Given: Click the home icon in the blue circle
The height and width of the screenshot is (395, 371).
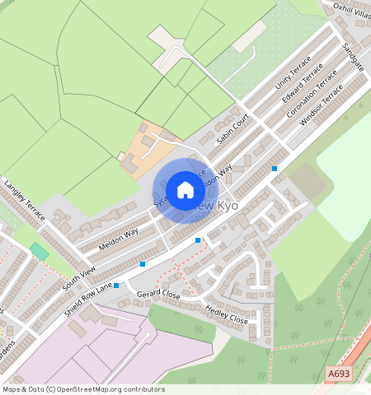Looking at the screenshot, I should [x=185, y=190].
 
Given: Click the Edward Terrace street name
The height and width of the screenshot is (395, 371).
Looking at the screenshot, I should [x=303, y=86].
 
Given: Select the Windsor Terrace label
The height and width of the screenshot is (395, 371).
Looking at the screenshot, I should [x=321, y=108].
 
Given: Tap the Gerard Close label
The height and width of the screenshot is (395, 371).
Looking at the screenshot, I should [x=158, y=294].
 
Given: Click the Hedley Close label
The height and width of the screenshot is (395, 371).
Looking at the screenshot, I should [x=226, y=315].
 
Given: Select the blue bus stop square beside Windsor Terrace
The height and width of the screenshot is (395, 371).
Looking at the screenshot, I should [x=275, y=169].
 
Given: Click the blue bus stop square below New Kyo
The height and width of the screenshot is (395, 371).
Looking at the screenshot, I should [x=197, y=240].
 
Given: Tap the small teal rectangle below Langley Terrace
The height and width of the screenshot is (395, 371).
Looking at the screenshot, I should [x=39, y=251].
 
